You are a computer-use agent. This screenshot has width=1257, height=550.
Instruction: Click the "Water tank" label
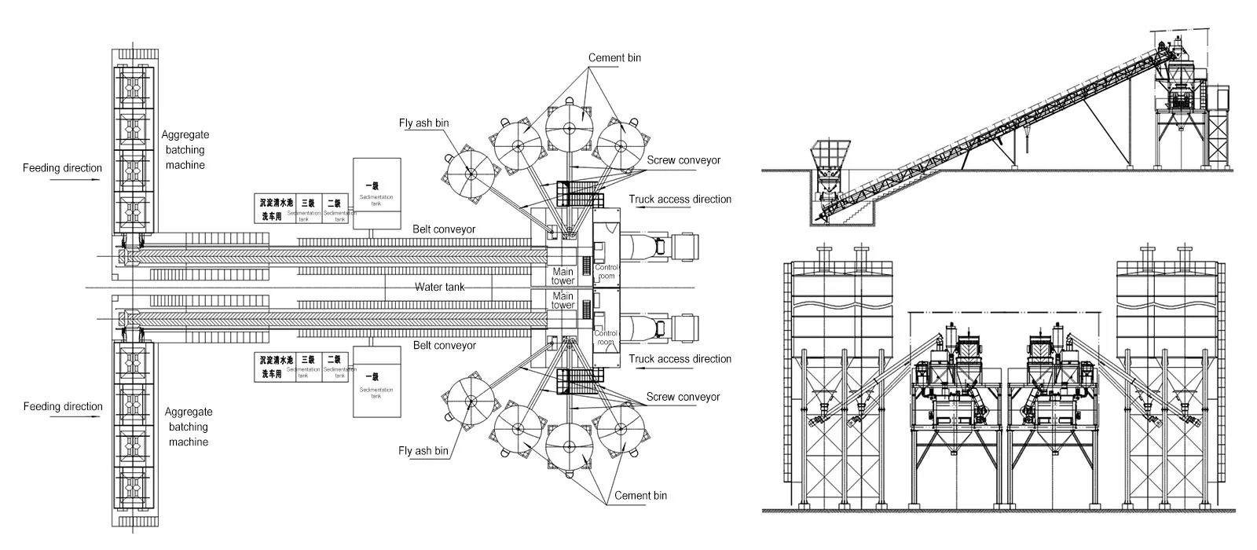click(x=439, y=288)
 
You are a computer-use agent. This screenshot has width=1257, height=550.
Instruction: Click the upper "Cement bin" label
click(x=615, y=58)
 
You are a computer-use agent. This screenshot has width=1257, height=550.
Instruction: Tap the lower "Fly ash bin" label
click(x=423, y=451)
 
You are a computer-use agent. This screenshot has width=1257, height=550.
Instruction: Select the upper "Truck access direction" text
click(x=680, y=200)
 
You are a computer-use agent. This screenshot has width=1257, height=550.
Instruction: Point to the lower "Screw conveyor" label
click(x=683, y=397)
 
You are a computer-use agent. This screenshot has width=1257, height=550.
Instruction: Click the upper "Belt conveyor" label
click(x=445, y=229)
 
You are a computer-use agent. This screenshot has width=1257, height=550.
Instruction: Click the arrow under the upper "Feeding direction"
click(x=75, y=180)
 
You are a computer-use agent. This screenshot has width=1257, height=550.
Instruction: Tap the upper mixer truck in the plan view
click(x=661, y=246)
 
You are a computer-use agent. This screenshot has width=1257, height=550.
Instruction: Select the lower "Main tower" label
click(x=563, y=301)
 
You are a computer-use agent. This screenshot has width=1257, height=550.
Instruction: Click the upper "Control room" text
click(x=606, y=272)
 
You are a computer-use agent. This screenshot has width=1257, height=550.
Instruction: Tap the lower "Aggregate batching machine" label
click(x=189, y=427)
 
